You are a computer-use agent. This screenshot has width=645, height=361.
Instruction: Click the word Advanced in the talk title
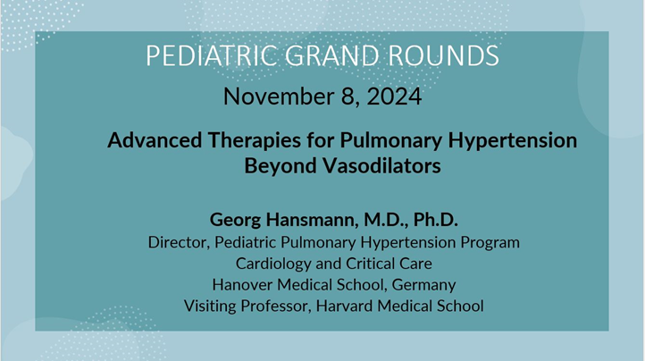[x=150, y=140]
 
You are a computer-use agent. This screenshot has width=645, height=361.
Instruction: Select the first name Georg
[x=234, y=219]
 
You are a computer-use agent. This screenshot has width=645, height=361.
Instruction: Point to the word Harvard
[x=354, y=306]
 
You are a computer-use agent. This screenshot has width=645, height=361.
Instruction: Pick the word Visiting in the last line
[x=213, y=306]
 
